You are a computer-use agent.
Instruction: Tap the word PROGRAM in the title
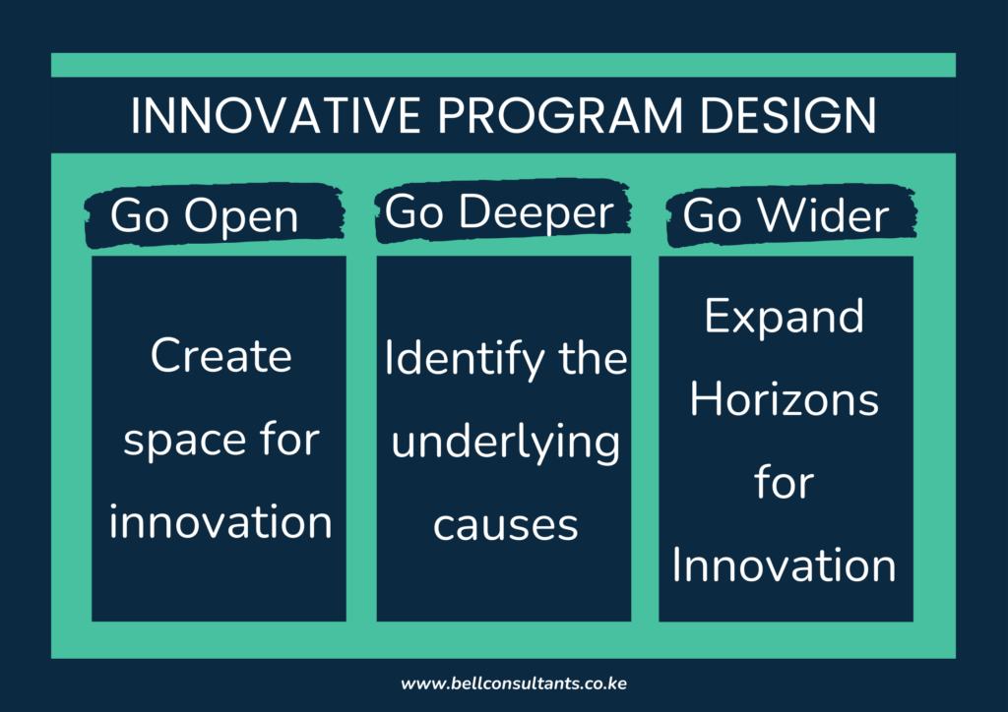click(542, 117)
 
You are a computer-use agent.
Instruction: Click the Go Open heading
click(204, 216)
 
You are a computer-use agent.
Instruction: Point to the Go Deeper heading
click(499, 212)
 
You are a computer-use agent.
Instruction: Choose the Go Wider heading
click(786, 215)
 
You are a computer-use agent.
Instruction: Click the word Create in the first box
click(220, 355)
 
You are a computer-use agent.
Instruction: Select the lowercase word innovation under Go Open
click(220, 521)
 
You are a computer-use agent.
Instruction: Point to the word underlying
click(505, 444)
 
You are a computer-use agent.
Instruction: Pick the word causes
click(505, 525)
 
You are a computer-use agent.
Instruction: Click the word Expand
click(785, 317)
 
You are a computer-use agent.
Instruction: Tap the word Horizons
click(785, 399)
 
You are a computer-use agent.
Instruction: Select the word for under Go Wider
click(785, 483)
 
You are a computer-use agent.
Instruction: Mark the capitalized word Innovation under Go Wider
click(785, 566)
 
